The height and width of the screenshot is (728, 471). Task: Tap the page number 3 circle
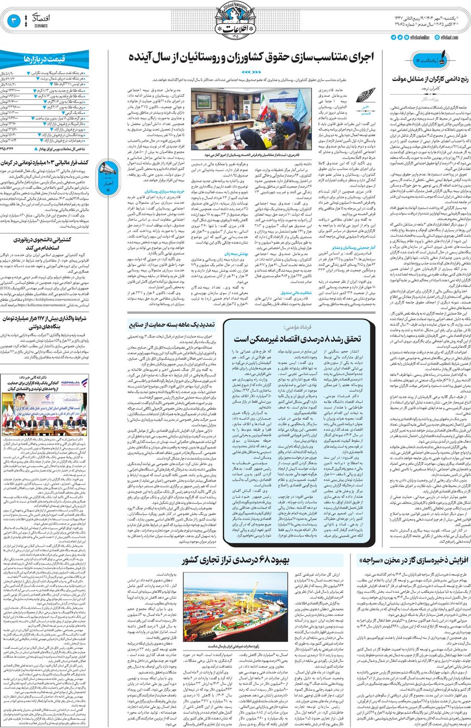(x=14, y=21)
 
